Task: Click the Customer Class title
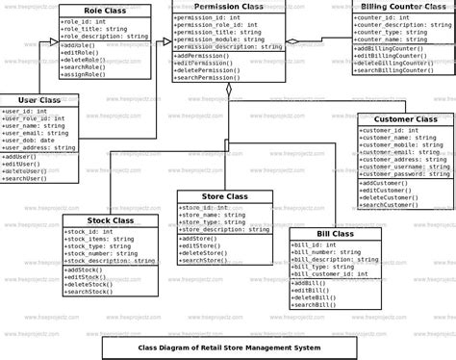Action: click(x=404, y=119)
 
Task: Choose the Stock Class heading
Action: click(x=110, y=221)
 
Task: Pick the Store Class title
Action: click(x=225, y=196)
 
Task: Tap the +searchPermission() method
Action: click(x=215, y=76)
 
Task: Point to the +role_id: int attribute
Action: click(x=84, y=20)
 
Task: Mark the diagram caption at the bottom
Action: click(x=228, y=347)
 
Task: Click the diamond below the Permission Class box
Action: click(x=228, y=90)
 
